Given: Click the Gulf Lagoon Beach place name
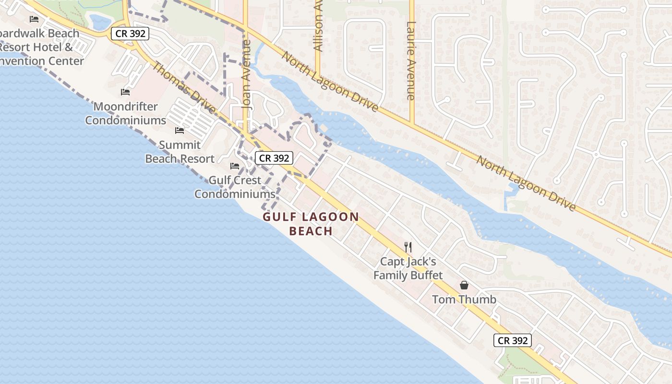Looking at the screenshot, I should (x=311, y=224).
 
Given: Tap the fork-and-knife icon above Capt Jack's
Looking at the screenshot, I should (x=408, y=247).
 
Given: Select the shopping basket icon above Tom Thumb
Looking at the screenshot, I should (x=464, y=285).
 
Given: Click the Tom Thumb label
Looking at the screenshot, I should (x=464, y=300).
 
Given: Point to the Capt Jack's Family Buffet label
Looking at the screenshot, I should (x=408, y=268).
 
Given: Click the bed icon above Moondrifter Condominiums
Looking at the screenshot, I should (x=125, y=92).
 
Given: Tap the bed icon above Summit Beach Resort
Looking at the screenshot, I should (x=180, y=130).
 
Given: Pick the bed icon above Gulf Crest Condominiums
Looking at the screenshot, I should (x=235, y=166).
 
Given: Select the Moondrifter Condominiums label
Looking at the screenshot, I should (x=126, y=113).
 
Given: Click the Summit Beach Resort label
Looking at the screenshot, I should (x=180, y=152).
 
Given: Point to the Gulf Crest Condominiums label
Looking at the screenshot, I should (x=235, y=187).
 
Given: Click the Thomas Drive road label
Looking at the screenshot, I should (x=184, y=87).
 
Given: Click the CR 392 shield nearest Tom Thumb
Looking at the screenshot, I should (x=513, y=340).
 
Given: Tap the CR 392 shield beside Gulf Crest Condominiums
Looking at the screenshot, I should (x=274, y=158).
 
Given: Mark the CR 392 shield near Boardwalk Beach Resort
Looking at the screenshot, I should (x=130, y=34).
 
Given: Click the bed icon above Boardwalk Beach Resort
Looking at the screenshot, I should (x=34, y=19).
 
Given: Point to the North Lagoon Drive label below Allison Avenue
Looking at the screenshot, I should (x=330, y=82).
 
